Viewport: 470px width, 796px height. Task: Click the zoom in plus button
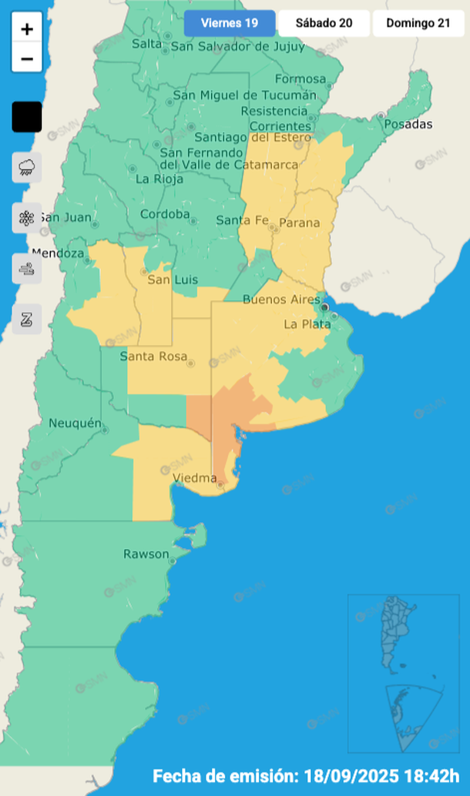[27, 29]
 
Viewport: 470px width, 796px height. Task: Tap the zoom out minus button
[27, 58]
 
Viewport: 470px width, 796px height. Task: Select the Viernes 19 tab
[230, 23]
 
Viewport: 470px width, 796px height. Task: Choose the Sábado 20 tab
[324, 23]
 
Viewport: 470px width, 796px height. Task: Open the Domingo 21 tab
[418, 23]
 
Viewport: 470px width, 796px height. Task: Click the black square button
[27, 117]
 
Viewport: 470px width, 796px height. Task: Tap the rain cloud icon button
[27, 167]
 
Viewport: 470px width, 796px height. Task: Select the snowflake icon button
[27, 218]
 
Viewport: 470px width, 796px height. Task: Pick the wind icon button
[27, 269]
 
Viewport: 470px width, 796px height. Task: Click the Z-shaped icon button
[27, 319]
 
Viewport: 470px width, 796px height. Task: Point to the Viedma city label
[195, 478]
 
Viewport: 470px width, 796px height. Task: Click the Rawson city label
[146, 554]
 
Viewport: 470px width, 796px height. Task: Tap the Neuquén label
[75, 423]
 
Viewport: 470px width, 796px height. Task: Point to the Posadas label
[408, 124]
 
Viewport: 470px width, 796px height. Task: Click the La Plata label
[302, 324]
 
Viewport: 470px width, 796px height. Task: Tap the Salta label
[146, 44]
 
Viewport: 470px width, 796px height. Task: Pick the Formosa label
[300, 79]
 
